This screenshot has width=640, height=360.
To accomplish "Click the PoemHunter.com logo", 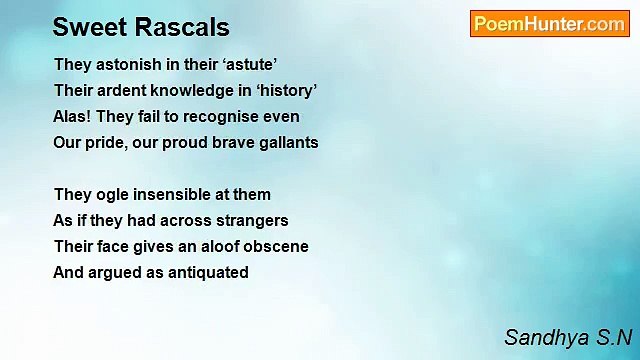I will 549,24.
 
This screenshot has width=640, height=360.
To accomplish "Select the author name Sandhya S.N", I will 568,337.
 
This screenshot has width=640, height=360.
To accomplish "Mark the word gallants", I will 285,142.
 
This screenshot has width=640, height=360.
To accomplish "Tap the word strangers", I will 255,220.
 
